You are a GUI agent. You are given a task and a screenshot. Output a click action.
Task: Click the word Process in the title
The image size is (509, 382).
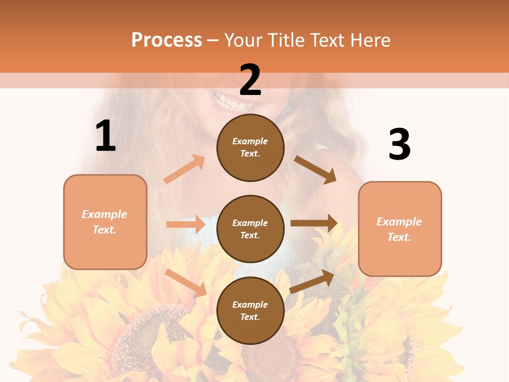coord(166,40)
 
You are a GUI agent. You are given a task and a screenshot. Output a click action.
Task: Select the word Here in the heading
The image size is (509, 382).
coord(367,40)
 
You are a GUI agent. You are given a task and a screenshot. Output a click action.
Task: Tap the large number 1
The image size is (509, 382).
coord(106,136)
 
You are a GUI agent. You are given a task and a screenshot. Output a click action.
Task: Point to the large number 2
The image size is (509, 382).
coord(250,80)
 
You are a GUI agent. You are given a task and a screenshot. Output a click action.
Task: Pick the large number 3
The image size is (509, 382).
coord(399,144)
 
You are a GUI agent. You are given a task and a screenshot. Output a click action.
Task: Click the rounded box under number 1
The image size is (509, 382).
coord(105,222)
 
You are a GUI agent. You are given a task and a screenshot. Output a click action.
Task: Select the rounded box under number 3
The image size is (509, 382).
coord(400,229)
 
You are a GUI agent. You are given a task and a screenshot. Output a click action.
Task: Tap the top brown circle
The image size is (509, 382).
coord(250,147)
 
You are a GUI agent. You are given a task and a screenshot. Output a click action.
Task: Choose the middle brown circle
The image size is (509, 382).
coord(250,229)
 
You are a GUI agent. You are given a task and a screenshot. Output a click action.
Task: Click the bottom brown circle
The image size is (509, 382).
coord(250,310)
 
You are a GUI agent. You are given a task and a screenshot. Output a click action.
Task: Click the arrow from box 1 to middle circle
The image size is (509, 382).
coord(186,224)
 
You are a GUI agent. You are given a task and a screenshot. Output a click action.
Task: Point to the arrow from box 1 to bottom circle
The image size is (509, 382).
coord(186,282)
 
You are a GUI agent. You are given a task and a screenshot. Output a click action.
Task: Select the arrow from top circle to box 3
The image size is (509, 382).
coord(315,169)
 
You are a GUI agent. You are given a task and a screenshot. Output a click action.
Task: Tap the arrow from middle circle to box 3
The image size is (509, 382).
coord(314,223)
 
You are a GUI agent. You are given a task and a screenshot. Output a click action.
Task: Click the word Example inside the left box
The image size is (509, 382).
coord(104,214)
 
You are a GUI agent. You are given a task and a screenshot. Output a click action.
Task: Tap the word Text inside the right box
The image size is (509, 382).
coord(399,237)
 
